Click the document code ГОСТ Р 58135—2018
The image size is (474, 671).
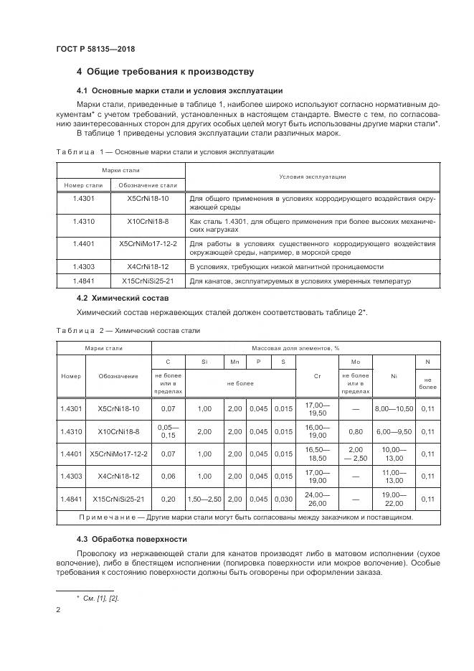pos(95,49)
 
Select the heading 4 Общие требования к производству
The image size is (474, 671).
pos(165,72)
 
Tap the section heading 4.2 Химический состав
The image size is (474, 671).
pos(122,297)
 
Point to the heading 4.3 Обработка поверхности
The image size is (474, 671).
pos(132,538)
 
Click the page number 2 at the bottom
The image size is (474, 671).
pos(58,610)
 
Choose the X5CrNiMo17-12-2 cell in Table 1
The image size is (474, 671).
pos(147,244)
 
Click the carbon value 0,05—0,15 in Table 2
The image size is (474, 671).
pos(169,431)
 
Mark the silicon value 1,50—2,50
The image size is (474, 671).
pos(205,499)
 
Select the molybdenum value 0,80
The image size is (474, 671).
pos(355,431)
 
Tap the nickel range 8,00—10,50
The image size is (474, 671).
pos(394,408)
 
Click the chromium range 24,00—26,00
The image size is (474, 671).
pos(317,499)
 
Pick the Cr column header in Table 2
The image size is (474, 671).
pos(317,375)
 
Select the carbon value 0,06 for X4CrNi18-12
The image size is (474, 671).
pos(169,476)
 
